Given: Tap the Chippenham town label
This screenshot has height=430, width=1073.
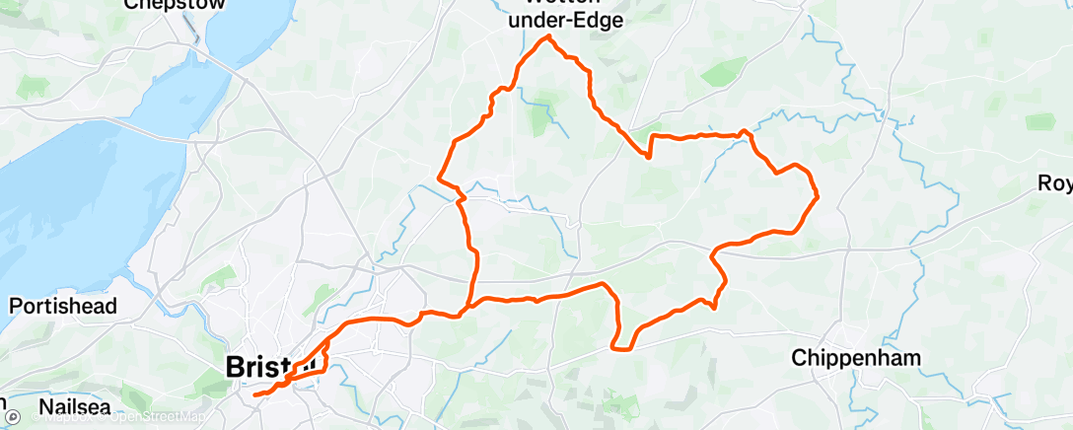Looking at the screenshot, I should point(855,358).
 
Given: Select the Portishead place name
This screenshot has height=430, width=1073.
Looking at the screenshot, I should point(63,306).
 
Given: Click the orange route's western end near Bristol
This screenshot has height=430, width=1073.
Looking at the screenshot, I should point(254,395).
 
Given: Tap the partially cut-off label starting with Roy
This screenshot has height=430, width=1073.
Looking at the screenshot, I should point(1055,183).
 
